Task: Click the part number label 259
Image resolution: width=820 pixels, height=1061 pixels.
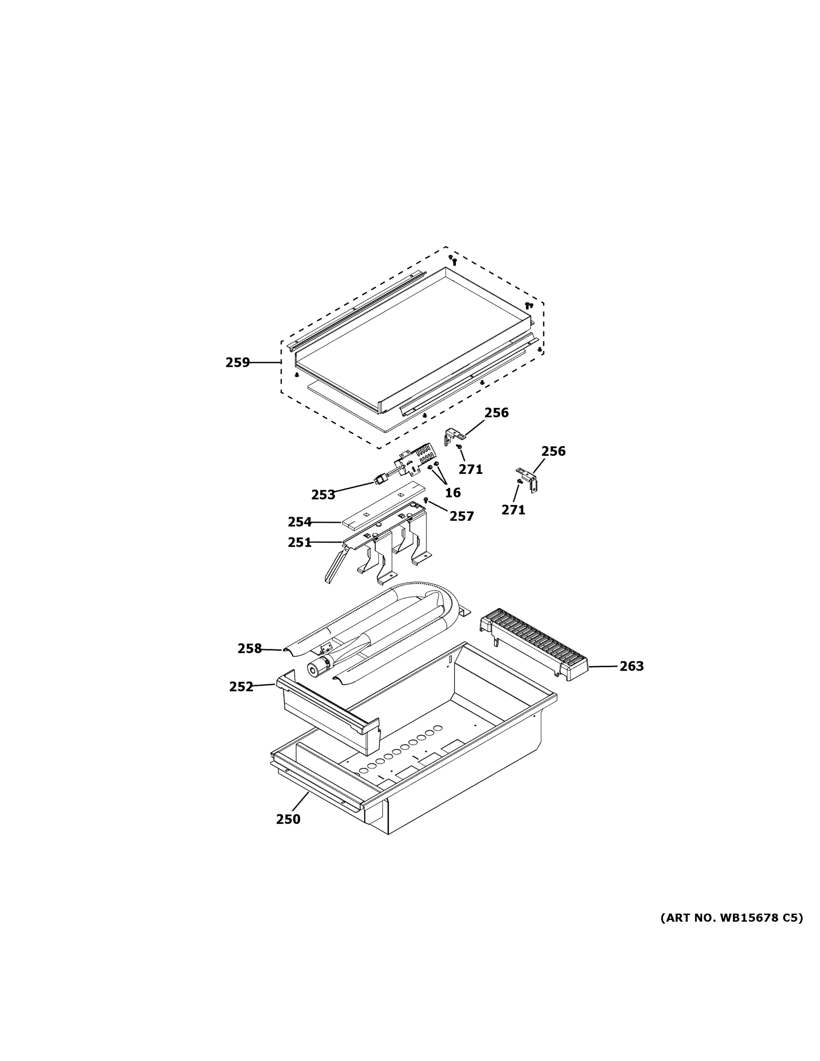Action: (x=237, y=363)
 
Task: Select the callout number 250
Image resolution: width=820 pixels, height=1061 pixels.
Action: (x=288, y=820)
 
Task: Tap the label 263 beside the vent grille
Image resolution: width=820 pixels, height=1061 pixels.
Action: (x=631, y=666)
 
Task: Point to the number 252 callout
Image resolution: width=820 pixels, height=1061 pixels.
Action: (x=241, y=687)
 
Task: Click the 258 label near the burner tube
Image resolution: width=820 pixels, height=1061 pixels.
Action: (x=249, y=649)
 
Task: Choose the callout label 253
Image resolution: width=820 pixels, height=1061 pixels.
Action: (x=323, y=495)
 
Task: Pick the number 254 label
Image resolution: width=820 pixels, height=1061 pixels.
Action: (x=299, y=522)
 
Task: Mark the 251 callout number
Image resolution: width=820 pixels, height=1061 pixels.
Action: (x=299, y=542)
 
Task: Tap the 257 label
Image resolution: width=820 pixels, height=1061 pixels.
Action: (x=461, y=516)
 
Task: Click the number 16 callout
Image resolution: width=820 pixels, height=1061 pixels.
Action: (x=453, y=492)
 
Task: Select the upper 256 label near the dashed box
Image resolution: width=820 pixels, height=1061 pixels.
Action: (x=496, y=412)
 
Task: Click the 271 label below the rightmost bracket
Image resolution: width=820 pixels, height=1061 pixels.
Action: (x=513, y=510)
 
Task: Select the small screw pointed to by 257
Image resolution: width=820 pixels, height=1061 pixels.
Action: (x=426, y=500)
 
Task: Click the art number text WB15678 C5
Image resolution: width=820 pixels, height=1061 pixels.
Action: (x=732, y=918)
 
